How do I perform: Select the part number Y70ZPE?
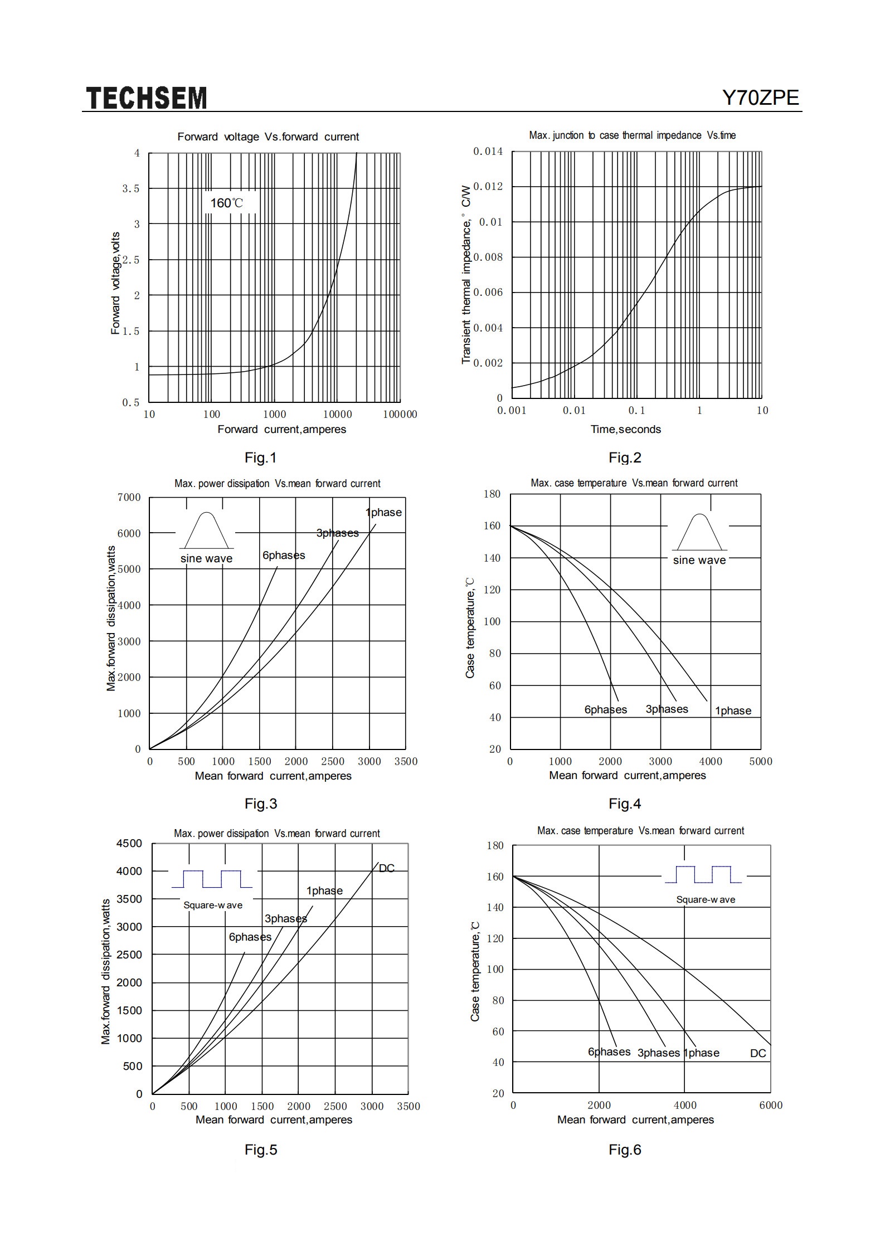pos(761,98)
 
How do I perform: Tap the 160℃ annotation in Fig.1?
pos(226,203)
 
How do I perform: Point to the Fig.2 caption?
pos(625,457)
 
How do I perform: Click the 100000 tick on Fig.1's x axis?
pos(400,414)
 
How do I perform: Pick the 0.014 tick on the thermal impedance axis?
pos(488,152)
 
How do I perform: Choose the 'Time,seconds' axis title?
pos(626,429)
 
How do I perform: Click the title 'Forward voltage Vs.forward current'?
pos(268,137)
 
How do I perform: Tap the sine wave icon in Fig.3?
pos(207,530)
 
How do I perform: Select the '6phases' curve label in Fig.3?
pos(284,555)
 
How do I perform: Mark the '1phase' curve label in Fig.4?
pos(733,710)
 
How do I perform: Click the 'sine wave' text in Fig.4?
pos(699,560)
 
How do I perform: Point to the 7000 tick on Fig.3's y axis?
pos(129,498)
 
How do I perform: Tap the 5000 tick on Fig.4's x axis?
pos(761,761)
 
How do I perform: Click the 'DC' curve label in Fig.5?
pos(387,868)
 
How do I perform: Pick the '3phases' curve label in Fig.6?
pos(659,1053)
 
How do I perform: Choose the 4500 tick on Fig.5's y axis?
pos(129,843)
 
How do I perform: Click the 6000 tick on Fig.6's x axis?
pos(771,1105)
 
